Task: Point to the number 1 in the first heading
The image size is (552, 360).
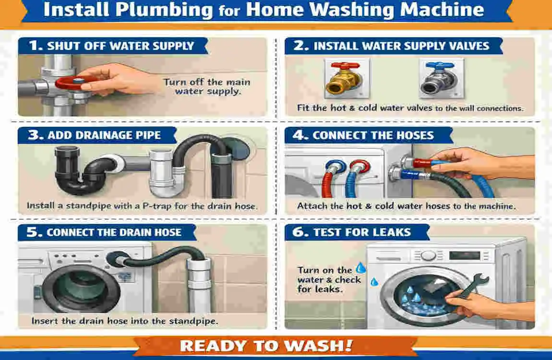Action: coord(34,46)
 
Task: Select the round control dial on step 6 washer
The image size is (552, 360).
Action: coord(428,255)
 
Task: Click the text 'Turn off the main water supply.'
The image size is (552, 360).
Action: coord(206,86)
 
